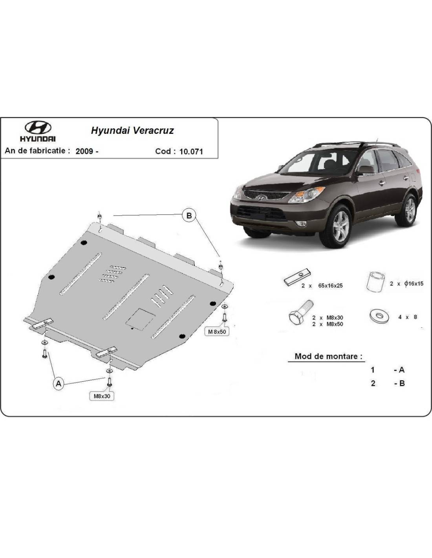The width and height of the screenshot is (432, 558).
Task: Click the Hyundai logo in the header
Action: point(38,131)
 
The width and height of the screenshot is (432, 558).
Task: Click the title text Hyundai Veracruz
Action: point(132,130)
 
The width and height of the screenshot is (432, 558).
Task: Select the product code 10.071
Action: point(191,151)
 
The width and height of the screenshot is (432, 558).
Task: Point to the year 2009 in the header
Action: point(84,151)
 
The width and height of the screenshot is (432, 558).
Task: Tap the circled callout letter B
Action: point(189,215)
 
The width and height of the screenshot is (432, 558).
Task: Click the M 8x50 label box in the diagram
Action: point(217,332)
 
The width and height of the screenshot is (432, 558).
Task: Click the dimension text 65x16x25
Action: point(330,286)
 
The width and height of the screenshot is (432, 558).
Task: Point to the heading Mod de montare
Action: point(328,356)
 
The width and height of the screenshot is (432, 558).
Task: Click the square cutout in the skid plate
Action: point(140,319)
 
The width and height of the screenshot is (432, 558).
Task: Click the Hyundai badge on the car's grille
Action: point(261,197)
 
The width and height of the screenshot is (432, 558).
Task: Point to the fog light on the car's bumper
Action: point(300,223)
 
